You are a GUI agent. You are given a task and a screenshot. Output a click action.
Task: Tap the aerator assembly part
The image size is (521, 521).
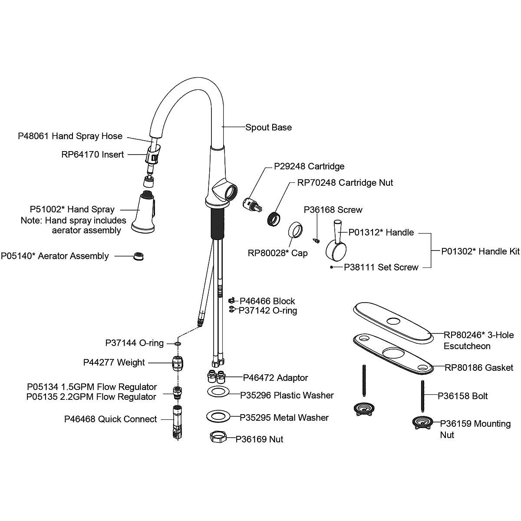coord(138,256)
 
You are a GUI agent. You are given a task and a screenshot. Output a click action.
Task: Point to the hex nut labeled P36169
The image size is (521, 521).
coord(219,438)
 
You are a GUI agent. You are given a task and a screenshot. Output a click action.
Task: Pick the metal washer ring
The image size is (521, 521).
coord(221,416)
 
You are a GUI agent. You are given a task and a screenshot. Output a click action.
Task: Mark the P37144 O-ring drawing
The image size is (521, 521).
coord(178,343)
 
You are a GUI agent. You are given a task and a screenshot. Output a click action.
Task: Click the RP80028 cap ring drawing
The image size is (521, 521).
coord(297,230)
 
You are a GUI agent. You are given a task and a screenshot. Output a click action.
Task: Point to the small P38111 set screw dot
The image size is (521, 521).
coord(332,267)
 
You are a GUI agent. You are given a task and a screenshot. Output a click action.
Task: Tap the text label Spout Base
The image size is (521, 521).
coord(268,127)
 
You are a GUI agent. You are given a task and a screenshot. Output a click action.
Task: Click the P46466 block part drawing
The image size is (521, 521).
coord(232,300)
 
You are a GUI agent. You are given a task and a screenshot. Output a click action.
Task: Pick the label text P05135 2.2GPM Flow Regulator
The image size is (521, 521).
coord(91,397)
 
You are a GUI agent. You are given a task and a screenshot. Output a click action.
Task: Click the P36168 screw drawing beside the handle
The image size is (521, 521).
coord(317,239)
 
